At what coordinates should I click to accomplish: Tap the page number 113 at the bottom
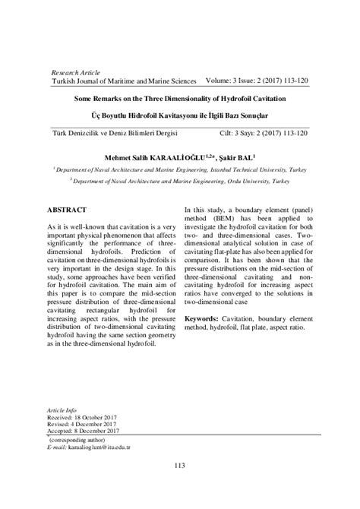click(180, 486)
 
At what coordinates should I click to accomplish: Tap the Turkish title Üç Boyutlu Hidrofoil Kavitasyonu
click(180, 117)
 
